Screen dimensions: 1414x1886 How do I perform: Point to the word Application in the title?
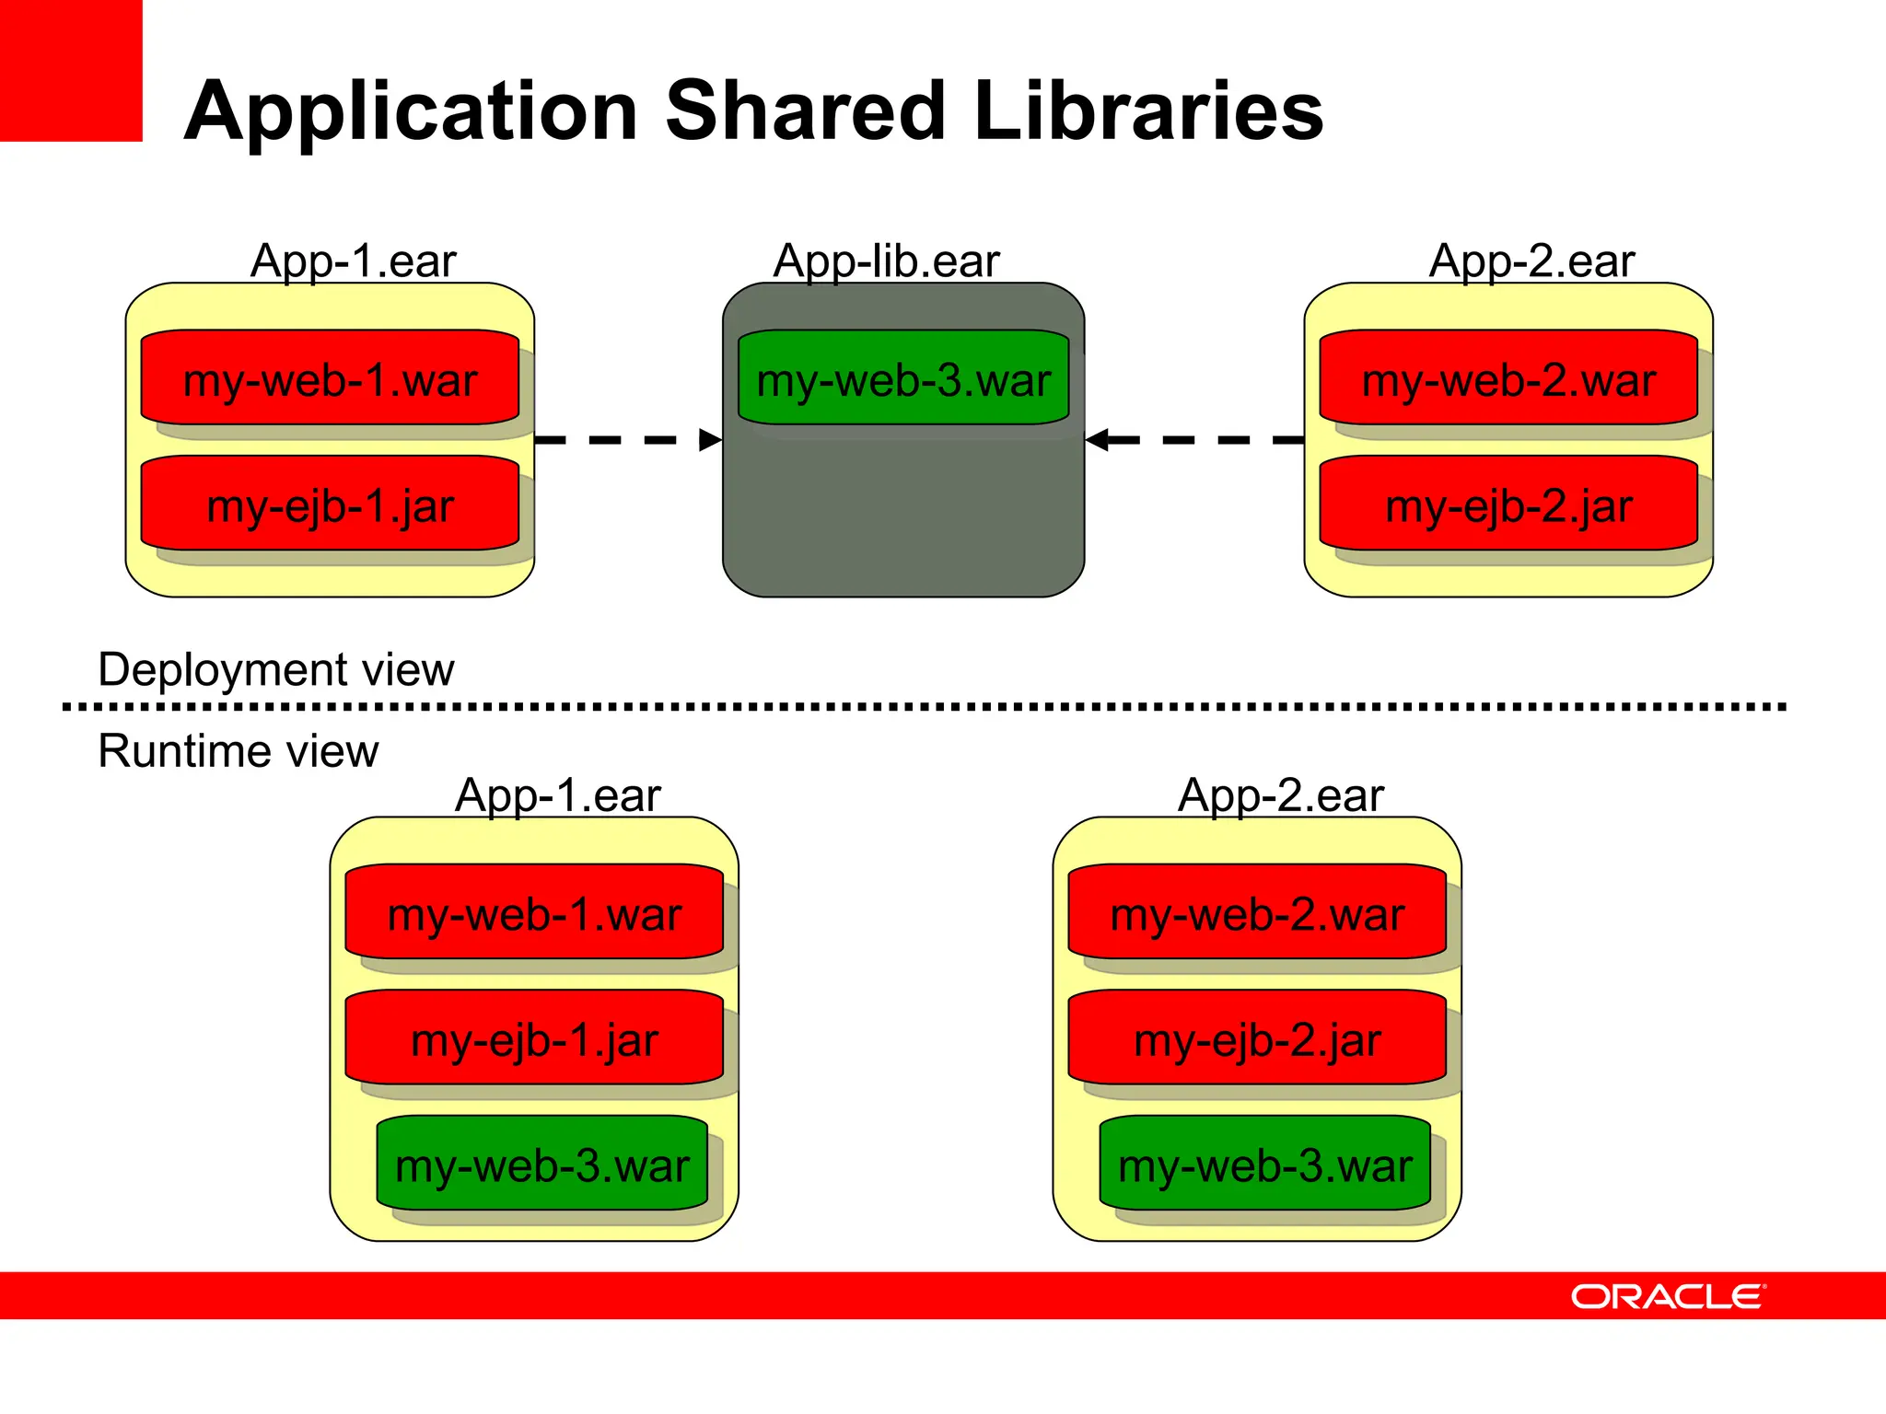[411, 112]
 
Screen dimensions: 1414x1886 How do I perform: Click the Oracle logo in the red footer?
[1667, 1296]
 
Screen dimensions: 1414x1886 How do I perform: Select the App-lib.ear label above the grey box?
[886, 261]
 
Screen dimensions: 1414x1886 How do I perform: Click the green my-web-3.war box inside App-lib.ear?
[903, 378]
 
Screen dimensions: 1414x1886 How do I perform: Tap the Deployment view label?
[276, 669]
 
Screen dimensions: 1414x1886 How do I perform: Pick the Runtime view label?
[238, 751]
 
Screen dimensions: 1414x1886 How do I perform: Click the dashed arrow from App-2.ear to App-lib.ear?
[1194, 440]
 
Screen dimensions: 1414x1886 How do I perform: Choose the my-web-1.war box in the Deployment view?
[330, 378]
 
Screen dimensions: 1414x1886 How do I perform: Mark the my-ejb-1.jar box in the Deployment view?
[330, 504]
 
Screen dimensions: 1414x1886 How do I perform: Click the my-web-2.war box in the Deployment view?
[1508, 378]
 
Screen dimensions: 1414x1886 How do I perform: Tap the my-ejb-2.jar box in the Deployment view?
[1508, 504]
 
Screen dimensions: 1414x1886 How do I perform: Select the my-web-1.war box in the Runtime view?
[534, 912]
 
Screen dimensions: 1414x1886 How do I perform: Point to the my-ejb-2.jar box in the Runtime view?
[1257, 1038]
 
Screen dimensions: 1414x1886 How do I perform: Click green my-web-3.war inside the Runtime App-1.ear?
[541, 1164]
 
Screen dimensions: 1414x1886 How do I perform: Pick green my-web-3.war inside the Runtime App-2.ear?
[1264, 1164]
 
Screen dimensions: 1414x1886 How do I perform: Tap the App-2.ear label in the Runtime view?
[1280, 795]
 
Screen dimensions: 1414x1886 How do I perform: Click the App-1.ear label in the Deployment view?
[353, 261]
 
